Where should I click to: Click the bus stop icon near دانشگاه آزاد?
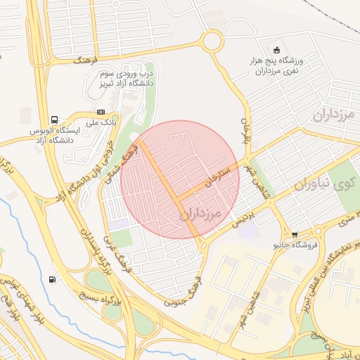point(54,120)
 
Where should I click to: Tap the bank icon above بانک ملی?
point(101,112)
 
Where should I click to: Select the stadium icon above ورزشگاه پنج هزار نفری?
point(276,49)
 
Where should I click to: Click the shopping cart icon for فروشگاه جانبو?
point(294,234)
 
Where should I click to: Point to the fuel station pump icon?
point(53,279)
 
